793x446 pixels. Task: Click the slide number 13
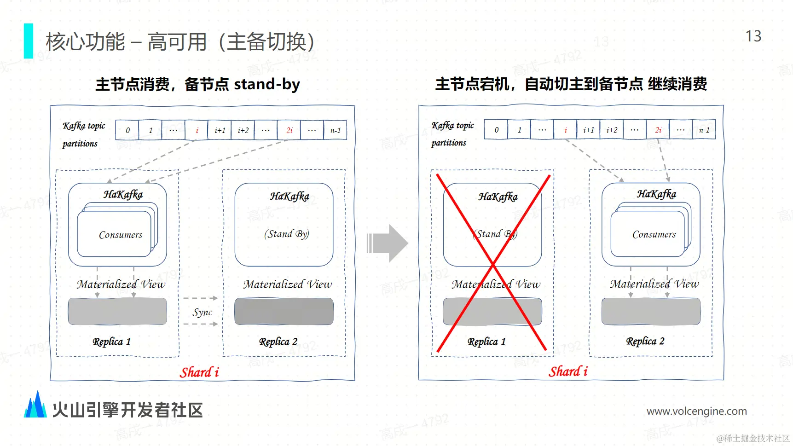[753, 36]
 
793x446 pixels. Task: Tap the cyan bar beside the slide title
[29, 41]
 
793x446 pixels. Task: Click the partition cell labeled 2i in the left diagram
[289, 130]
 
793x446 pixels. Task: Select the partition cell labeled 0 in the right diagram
[496, 130]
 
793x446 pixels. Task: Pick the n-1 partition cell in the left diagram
[335, 130]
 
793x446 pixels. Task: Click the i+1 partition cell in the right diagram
[588, 130]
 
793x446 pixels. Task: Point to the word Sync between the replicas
[202, 313]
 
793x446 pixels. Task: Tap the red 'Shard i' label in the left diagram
[199, 372]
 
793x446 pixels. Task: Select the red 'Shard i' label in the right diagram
[568, 371]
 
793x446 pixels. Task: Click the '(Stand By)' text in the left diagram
[286, 234]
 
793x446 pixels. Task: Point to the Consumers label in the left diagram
[121, 235]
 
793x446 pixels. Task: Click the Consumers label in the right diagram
[654, 234]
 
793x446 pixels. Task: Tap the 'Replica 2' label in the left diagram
[278, 342]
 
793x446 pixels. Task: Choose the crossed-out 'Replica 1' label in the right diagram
[486, 342]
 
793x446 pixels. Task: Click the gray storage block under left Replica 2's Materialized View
[284, 312]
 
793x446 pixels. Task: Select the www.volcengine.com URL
[696, 411]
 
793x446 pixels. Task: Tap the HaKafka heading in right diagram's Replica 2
[656, 194]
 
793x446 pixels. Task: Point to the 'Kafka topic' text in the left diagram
[84, 126]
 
